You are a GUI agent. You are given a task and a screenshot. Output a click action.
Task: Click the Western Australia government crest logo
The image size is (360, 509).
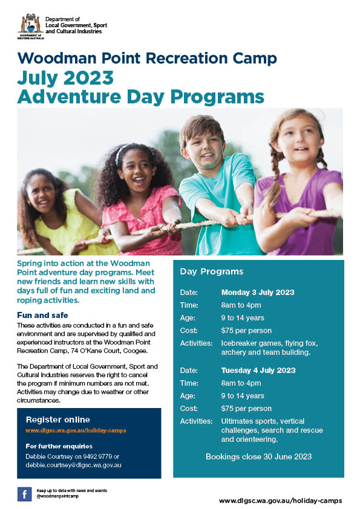point(30,25)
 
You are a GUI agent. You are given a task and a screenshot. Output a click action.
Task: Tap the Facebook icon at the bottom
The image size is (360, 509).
point(25,494)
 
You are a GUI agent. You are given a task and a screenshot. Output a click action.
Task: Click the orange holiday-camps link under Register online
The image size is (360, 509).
point(76,430)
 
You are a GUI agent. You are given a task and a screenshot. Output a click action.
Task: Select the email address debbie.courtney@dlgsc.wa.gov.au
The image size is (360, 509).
point(73,465)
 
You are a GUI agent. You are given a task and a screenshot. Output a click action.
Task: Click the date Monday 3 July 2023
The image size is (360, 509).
point(258,292)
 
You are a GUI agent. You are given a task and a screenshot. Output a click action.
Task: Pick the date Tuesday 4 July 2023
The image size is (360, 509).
point(258,370)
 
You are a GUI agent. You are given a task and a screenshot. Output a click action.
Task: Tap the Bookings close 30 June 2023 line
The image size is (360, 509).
point(258,456)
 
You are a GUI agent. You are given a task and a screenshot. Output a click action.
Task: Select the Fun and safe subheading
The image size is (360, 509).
point(42,315)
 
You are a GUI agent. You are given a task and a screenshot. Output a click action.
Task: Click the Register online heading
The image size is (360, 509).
point(57,420)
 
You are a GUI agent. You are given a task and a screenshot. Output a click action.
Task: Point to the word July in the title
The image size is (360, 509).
point(41,78)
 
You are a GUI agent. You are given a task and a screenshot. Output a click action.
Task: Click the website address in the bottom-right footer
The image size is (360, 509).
point(280,501)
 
